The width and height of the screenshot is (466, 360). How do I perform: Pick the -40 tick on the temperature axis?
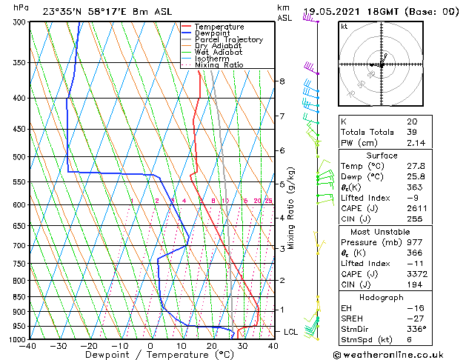tap(29, 346)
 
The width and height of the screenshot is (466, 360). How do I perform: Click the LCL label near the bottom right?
tap(290, 332)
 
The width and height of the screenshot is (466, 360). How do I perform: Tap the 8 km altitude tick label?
tap(282, 81)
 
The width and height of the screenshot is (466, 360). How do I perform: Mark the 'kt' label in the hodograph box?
tap(344, 26)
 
